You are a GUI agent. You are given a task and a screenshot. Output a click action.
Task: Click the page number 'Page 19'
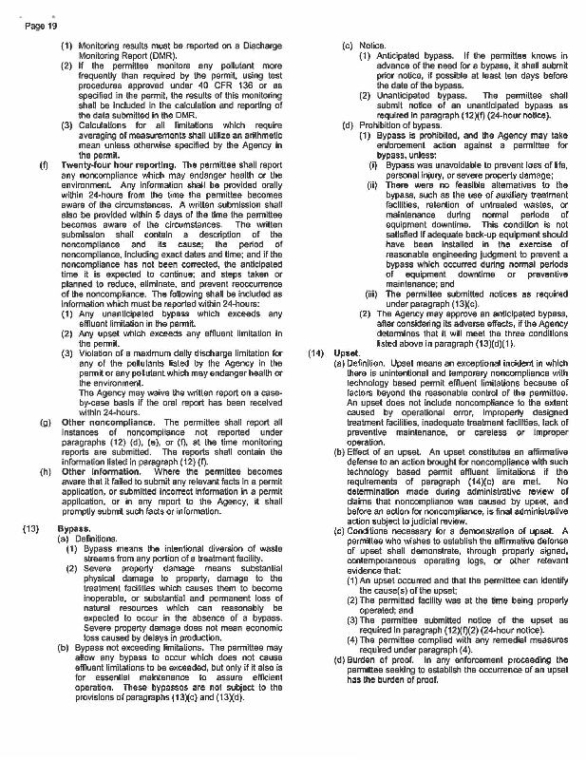[33, 26]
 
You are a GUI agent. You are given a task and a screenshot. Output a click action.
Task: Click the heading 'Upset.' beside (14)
[360, 352]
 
